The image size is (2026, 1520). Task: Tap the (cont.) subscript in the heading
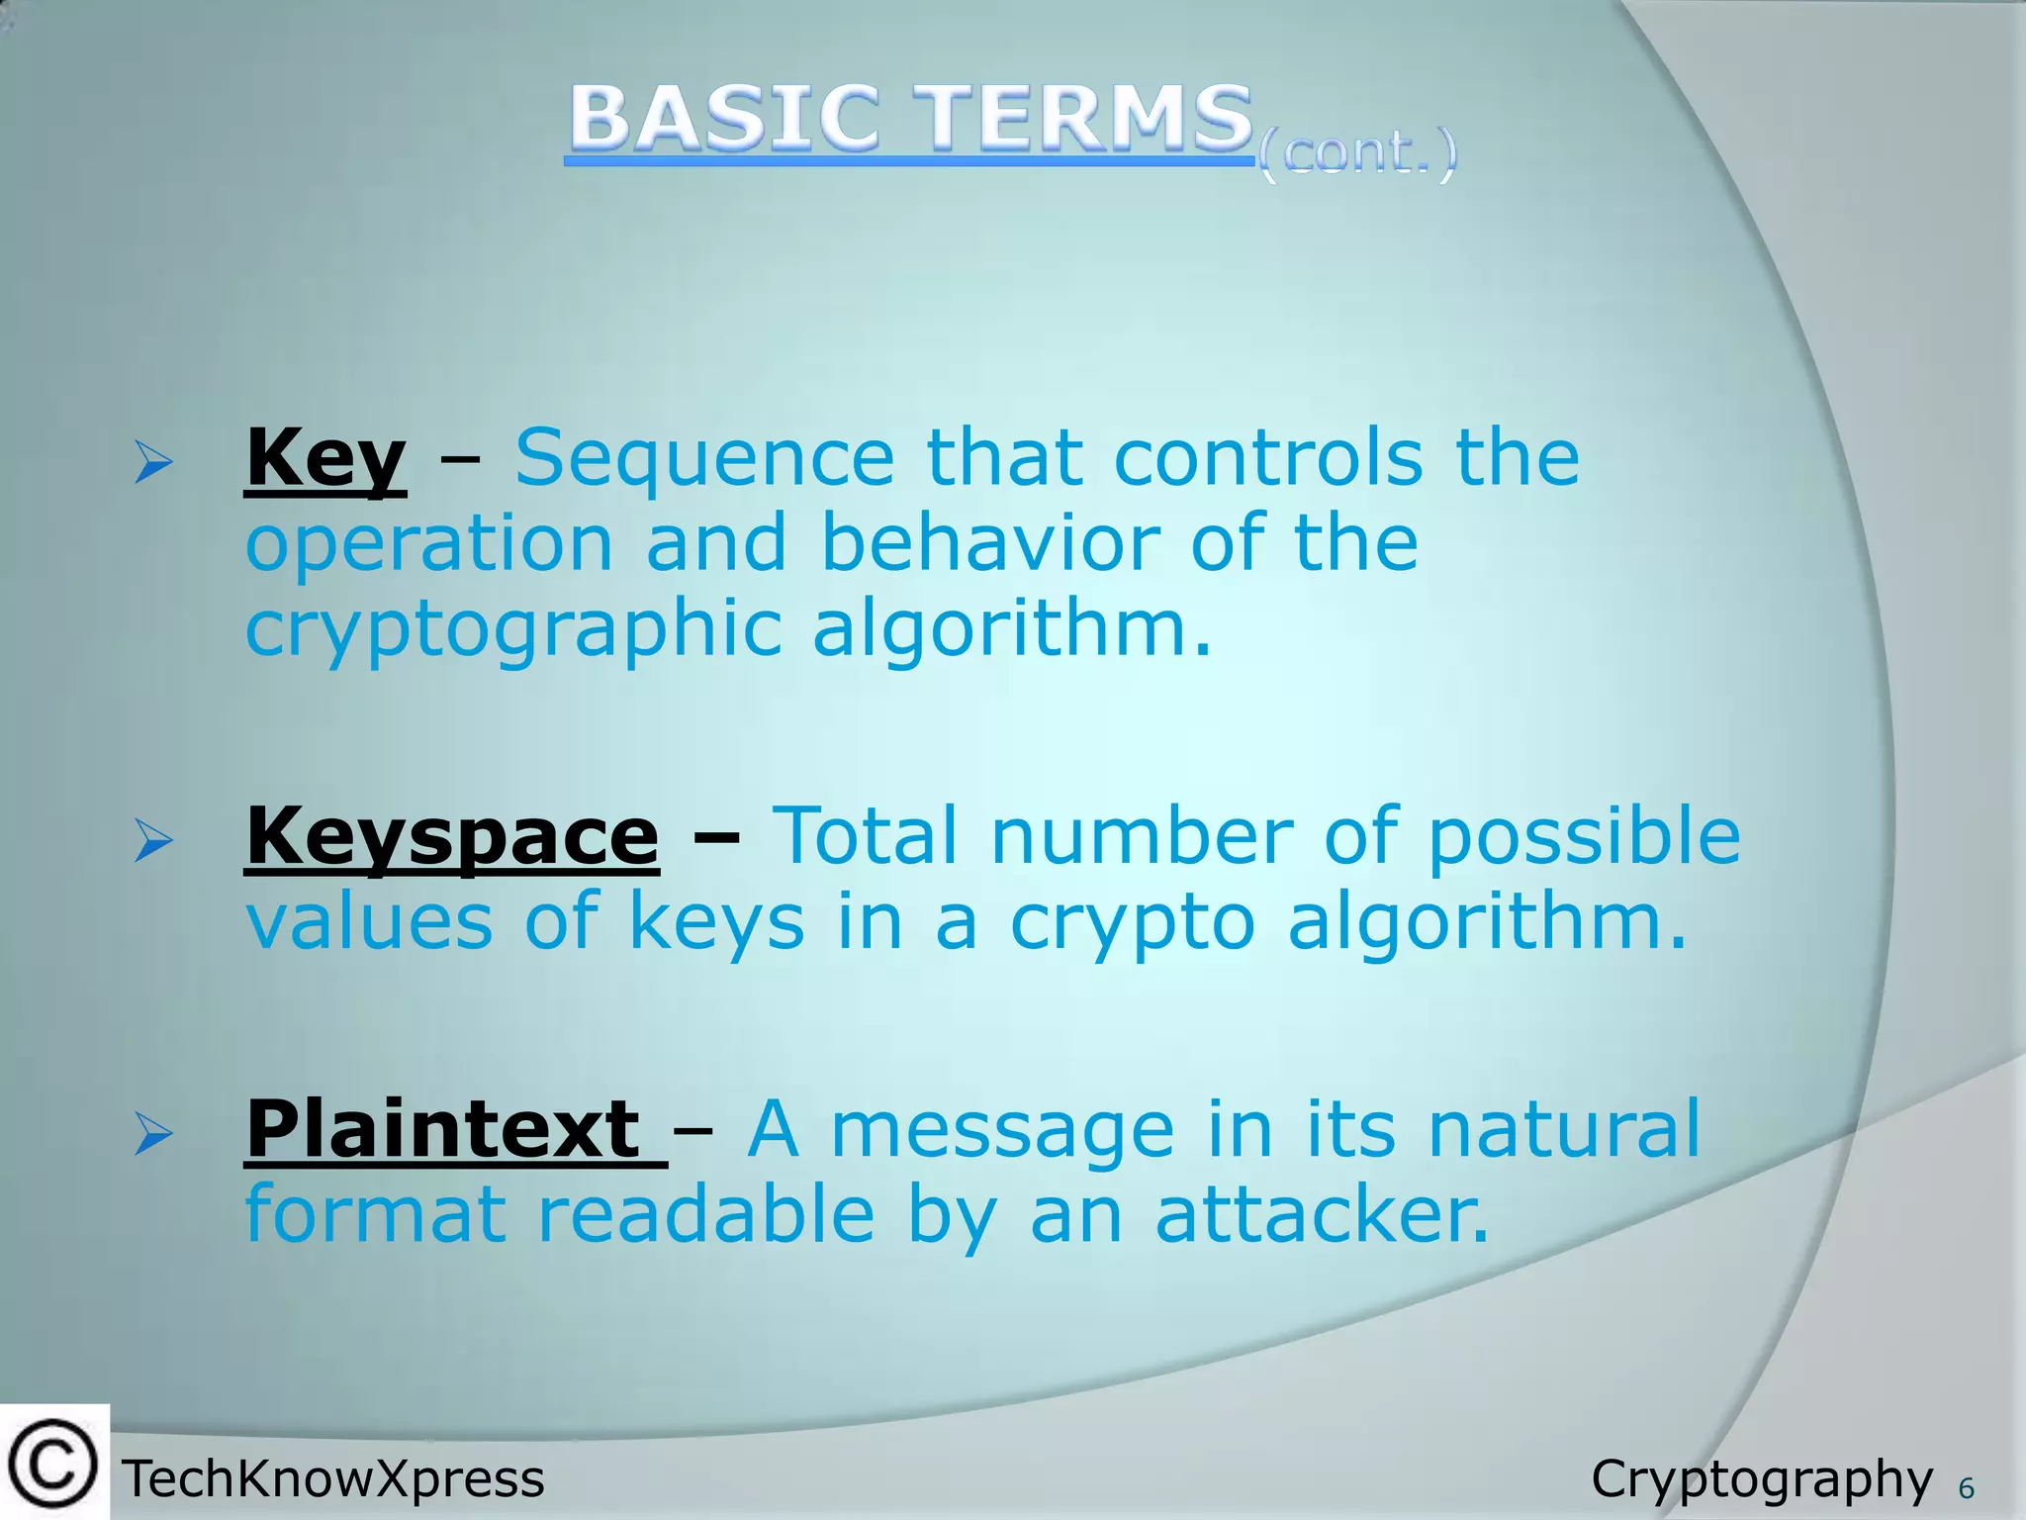coord(1357,154)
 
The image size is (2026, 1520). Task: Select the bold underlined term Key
coord(325,458)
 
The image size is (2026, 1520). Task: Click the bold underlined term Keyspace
coord(452,837)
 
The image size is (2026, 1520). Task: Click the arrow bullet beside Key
coord(154,462)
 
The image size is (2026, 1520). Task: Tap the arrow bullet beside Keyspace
coord(154,841)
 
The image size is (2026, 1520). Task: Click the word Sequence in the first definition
coord(704,458)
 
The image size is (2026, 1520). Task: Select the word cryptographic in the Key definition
coord(513,630)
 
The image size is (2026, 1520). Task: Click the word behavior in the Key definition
coord(990,543)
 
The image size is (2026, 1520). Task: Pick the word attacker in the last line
coord(1322,1214)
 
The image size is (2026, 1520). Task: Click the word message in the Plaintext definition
coord(1002,1130)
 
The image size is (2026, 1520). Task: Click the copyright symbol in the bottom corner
coord(53,1464)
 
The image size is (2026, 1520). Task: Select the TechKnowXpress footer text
coord(333,1479)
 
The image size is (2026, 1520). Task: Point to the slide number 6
coord(1967,1488)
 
